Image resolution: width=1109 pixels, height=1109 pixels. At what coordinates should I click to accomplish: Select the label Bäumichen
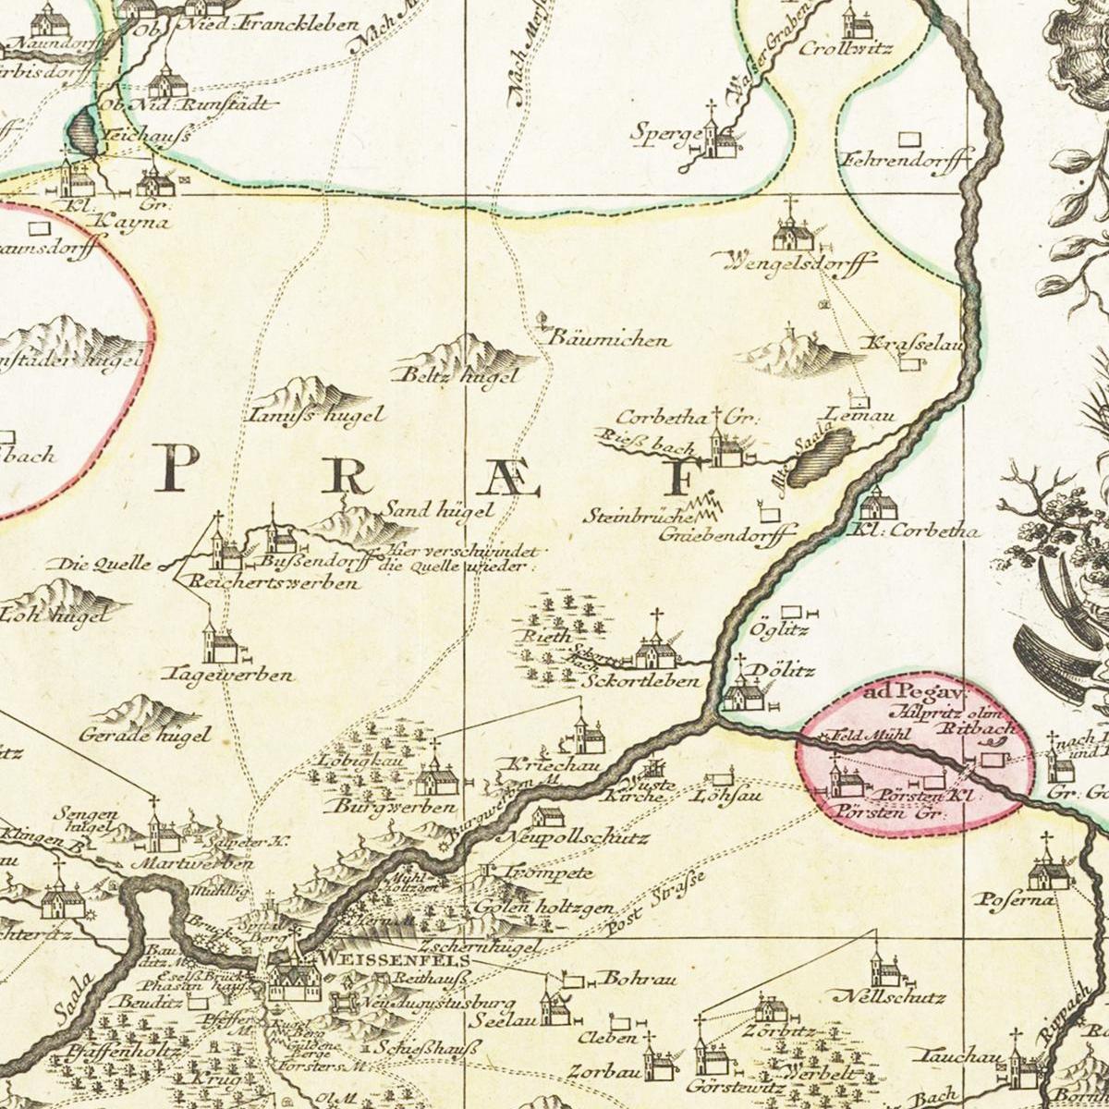pyautogui.click(x=609, y=340)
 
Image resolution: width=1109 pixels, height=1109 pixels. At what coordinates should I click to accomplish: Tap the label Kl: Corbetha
pyautogui.click(x=914, y=531)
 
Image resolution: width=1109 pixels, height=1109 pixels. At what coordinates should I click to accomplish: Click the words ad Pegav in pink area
pyautogui.click(x=914, y=692)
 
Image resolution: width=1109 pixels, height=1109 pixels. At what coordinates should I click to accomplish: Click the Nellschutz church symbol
pyautogui.click(x=884, y=970)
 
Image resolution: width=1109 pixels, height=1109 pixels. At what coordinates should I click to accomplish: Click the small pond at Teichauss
pyautogui.click(x=83, y=130)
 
